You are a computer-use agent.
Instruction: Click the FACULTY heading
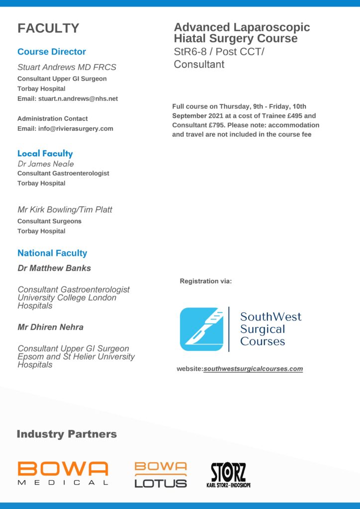(x=48, y=29)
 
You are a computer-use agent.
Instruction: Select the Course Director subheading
(x=52, y=52)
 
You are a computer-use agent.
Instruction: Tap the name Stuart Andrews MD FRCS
(x=67, y=67)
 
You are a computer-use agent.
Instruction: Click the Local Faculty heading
(x=45, y=154)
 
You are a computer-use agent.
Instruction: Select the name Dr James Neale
(x=46, y=164)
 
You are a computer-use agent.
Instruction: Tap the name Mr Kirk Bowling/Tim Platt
(x=65, y=210)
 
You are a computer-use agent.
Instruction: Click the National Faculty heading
(x=52, y=253)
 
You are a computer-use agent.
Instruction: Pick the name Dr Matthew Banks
(x=54, y=268)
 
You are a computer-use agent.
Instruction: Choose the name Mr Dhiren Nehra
(x=50, y=327)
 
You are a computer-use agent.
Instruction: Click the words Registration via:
(x=206, y=281)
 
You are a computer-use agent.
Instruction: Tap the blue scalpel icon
(x=201, y=329)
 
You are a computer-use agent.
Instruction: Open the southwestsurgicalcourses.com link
(x=253, y=369)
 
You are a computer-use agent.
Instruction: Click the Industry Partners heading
(x=67, y=434)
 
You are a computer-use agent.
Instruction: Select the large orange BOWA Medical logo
(x=63, y=473)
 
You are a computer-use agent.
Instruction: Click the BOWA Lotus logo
(x=161, y=475)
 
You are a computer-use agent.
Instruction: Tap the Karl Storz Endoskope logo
(x=228, y=475)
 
